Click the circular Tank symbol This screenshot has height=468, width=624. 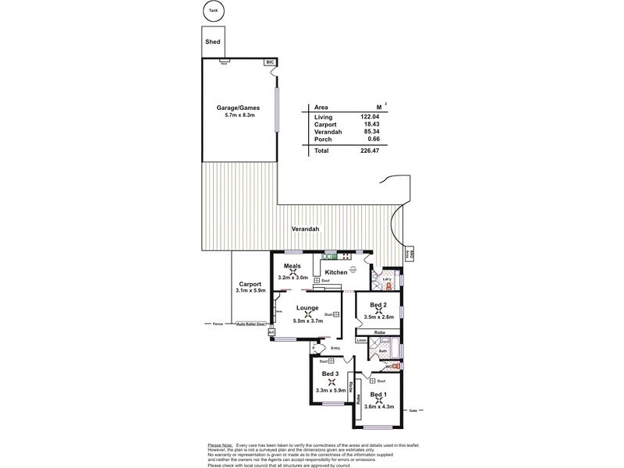[213, 11]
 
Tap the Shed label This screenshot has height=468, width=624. [212, 41]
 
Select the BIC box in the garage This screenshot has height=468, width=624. [271, 61]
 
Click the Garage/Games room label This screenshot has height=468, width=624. [238, 108]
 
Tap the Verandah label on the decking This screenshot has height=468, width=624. [304, 229]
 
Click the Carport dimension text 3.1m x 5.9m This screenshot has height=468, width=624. [250, 290]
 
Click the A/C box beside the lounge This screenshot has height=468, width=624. [271, 332]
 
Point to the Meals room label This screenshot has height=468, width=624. [292, 266]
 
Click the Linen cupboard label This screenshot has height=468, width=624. [361, 341]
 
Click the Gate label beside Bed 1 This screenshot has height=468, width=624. [413, 408]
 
